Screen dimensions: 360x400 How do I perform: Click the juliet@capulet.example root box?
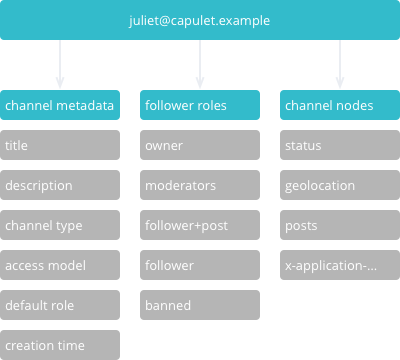tap(200, 20)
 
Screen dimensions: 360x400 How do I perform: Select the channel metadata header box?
tap(60, 105)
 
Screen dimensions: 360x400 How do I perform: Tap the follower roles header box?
tap(200, 105)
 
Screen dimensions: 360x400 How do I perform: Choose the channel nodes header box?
tap(340, 105)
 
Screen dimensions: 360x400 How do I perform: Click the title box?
tap(60, 145)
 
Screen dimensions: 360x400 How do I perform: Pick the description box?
tap(60, 185)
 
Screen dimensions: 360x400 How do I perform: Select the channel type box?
tap(60, 225)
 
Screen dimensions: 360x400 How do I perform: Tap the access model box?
tap(60, 265)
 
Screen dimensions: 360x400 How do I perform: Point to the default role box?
tap(60, 305)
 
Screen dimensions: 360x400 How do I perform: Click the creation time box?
tap(60, 345)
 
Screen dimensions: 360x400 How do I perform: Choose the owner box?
tap(200, 145)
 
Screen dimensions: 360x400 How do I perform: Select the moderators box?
tap(200, 185)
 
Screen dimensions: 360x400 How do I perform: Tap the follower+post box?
tap(200, 225)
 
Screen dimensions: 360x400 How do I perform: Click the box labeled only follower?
tap(200, 265)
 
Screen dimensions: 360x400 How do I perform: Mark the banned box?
tap(200, 305)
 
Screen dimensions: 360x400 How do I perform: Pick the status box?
tap(340, 145)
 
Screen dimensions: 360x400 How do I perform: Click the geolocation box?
tap(340, 185)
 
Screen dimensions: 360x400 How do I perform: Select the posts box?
tap(340, 225)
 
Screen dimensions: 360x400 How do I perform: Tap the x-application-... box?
tap(340, 265)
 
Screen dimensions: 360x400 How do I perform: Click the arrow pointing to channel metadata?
tap(60, 65)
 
